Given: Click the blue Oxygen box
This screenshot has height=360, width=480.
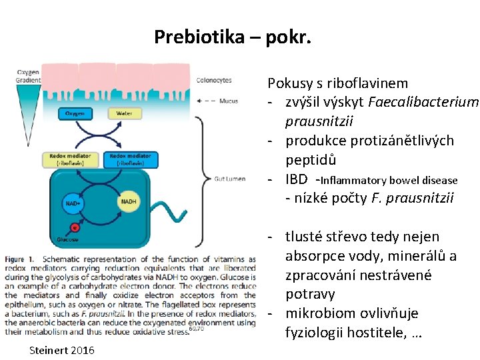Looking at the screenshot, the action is (x=75, y=113).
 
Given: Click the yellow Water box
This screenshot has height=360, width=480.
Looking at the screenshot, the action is (x=124, y=113).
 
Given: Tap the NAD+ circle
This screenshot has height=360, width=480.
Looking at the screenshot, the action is (x=73, y=203).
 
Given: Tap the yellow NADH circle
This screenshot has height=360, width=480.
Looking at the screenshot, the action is (x=128, y=201).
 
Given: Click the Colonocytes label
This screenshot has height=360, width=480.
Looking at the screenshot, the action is (x=214, y=81).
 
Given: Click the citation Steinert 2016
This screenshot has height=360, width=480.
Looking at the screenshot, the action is (x=62, y=350).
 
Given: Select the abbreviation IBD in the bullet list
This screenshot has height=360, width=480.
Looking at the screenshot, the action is (x=297, y=179).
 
